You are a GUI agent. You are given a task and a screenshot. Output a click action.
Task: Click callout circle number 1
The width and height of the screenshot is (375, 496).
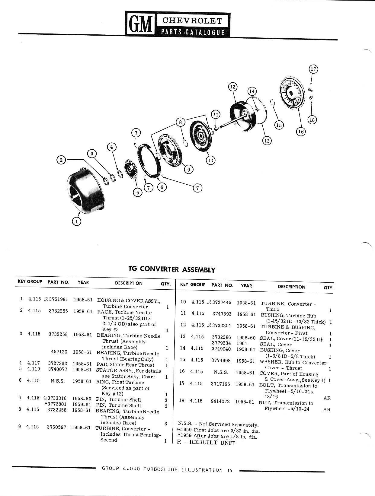77,221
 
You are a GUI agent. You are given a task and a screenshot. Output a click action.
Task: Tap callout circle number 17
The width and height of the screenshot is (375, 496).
313,69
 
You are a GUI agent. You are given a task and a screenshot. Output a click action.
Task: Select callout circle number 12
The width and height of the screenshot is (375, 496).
232,87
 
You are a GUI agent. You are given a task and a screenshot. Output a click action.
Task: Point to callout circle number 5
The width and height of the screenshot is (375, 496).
138,192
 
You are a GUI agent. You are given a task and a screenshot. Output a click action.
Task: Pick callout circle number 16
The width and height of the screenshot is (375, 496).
301,132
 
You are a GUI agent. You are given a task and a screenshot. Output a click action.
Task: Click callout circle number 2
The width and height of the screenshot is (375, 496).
61,160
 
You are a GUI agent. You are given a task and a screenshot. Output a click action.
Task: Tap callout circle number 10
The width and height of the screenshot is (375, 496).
210,161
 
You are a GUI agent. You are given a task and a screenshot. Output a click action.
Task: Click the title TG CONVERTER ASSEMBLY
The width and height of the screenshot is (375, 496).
172,269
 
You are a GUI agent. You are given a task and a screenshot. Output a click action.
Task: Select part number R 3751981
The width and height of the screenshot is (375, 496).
56,299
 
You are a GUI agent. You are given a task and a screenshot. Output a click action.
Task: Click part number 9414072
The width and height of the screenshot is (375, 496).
220,402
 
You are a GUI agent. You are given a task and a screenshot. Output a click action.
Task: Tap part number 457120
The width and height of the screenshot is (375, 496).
59,352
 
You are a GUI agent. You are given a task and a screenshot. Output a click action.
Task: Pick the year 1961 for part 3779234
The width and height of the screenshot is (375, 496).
242,343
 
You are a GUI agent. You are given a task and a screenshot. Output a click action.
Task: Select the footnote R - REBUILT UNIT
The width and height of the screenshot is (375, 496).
206,442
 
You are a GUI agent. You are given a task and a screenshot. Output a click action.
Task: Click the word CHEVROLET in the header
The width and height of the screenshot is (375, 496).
192,21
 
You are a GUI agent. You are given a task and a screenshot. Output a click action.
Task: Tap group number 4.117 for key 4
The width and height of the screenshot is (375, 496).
34,363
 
